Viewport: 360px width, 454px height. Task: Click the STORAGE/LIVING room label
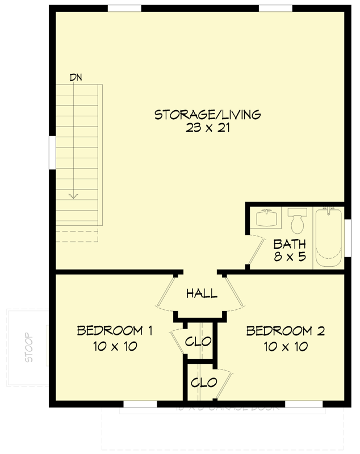pos(207,115)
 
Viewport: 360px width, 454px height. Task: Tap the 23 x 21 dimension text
pos(207,128)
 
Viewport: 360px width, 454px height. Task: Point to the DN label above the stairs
pos(76,77)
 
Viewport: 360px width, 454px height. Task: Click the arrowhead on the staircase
pos(73,196)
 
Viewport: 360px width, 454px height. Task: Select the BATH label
pos(290,245)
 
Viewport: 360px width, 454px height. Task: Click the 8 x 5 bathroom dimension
pos(290,257)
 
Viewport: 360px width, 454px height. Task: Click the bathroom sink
pos(266,218)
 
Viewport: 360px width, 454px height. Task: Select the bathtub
pos(328,237)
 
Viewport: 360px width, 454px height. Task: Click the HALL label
pos(202,293)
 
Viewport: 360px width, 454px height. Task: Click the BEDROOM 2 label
pos(285,331)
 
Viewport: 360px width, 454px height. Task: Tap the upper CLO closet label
pos(198,342)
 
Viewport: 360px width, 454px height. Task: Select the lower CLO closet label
pos(203,382)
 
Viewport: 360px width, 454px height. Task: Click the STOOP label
pos(30,347)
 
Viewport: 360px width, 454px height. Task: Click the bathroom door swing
pos(257,250)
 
